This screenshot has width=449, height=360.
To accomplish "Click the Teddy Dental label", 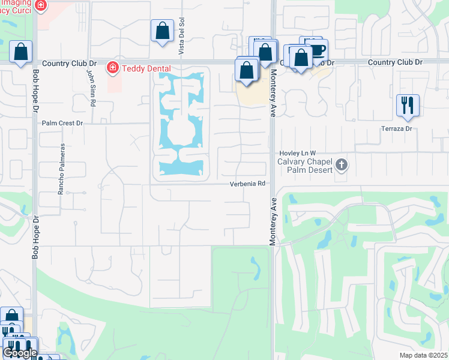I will (146, 68).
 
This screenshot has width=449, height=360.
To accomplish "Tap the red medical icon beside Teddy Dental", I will (112, 68).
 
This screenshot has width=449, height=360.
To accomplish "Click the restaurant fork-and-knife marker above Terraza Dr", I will (408, 106).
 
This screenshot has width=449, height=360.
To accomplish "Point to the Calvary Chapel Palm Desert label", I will (304, 164).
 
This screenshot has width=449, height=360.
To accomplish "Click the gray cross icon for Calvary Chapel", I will (341, 164).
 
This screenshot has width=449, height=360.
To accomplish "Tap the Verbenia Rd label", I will (247, 184).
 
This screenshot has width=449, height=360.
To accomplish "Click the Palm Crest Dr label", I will (62, 123).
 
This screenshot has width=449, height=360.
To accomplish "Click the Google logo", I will (20, 353).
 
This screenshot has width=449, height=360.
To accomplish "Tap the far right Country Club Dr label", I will (395, 62).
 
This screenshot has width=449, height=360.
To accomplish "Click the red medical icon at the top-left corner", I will (40, 6).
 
